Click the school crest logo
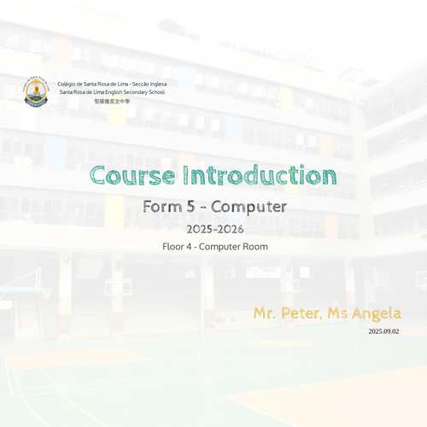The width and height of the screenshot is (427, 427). tap(36, 91)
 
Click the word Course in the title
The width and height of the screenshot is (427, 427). tap(132, 175)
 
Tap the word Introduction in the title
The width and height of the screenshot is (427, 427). tap(260, 175)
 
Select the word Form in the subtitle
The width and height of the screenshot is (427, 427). tap(162, 207)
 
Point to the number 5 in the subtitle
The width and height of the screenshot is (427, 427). tap(191, 207)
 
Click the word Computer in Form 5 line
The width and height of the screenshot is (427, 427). tap(249, 208)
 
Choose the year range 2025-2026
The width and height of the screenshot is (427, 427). tap(215, 229)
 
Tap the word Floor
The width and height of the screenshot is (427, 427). tap(173, 247)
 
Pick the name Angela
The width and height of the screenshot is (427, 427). tap(377, 314)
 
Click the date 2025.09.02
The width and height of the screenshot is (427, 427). tap(383, 331)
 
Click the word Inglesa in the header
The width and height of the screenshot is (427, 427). tap(158, 85)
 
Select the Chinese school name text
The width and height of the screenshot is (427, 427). tap(112, 101)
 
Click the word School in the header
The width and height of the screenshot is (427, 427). tap(157, 92)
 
